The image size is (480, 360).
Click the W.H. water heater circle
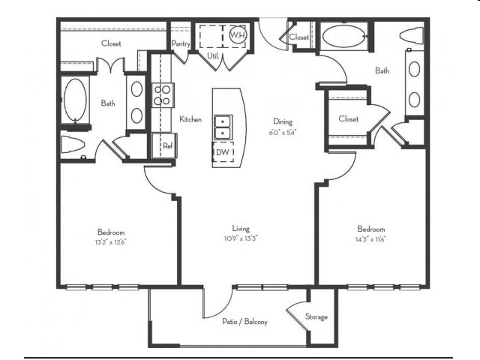click(x=238, y=35)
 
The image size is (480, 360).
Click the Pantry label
click(x=180, y=44)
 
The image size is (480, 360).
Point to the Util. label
click(x=212, y=55)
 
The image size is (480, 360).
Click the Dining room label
click(x=283, y=121)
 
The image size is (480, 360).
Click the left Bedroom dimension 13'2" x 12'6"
click(x=110, y=241)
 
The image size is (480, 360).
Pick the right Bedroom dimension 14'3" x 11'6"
click(x=370, y=239)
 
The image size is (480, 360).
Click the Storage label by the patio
click(x=316, y=317)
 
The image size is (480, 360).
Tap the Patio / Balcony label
click(x=244, y=322)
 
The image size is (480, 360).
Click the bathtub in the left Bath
click(x=75, y=100)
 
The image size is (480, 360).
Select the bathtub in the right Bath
click(x=343, y=36)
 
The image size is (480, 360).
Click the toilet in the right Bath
click(x=412, y=35)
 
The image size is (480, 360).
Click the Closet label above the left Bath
click(x=111, y=43)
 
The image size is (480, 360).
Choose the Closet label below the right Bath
click(x=348, y=119)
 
